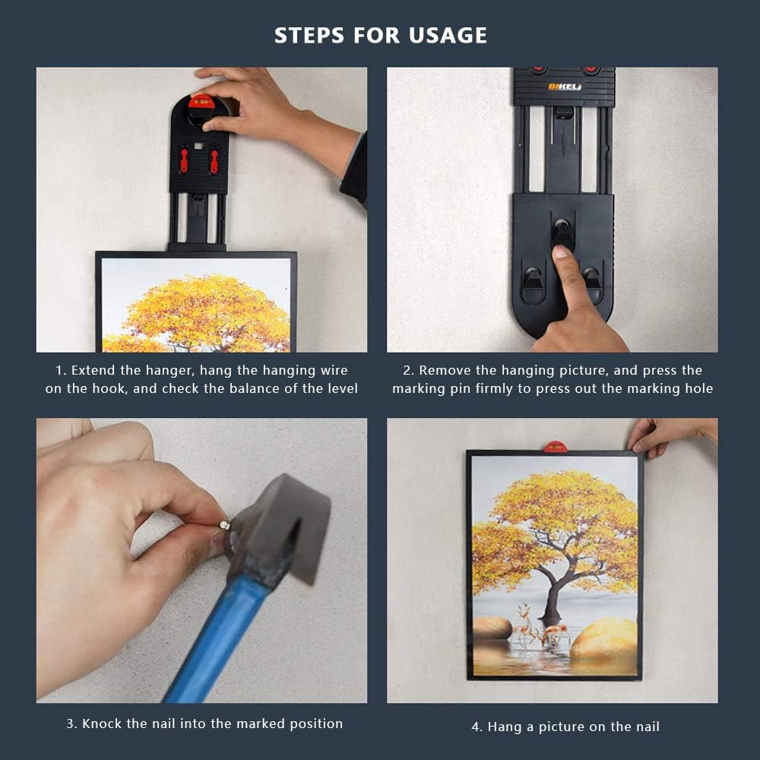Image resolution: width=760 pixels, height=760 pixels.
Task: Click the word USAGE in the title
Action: [448, 36]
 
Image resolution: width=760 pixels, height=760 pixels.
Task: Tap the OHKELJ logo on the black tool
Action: [565, 87]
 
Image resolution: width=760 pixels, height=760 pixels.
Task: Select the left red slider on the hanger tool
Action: [184, 160]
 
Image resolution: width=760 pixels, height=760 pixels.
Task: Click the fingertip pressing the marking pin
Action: [560, 252]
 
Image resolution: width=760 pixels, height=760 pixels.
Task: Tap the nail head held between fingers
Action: [224, 524]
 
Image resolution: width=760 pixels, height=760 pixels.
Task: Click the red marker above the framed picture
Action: [555, 446]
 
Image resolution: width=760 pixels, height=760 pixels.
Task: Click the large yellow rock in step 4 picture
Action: [603, 638]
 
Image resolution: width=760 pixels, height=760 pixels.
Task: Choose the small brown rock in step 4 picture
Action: [492, 628]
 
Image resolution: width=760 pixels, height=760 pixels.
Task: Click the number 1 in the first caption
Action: [59, 371]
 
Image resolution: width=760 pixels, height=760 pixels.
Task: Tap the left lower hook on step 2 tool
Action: [534, 285]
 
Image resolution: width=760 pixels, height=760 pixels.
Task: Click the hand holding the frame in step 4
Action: [671, 435]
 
